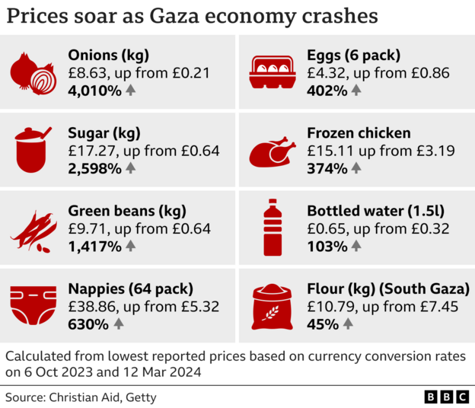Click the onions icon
(33, 74)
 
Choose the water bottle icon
(272, 228)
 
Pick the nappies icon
(33, 306)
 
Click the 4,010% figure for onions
(94, 91)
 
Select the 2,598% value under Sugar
(94, 168)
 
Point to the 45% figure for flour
(322, 324)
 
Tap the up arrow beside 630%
(118, 324)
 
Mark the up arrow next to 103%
(356, 246)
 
